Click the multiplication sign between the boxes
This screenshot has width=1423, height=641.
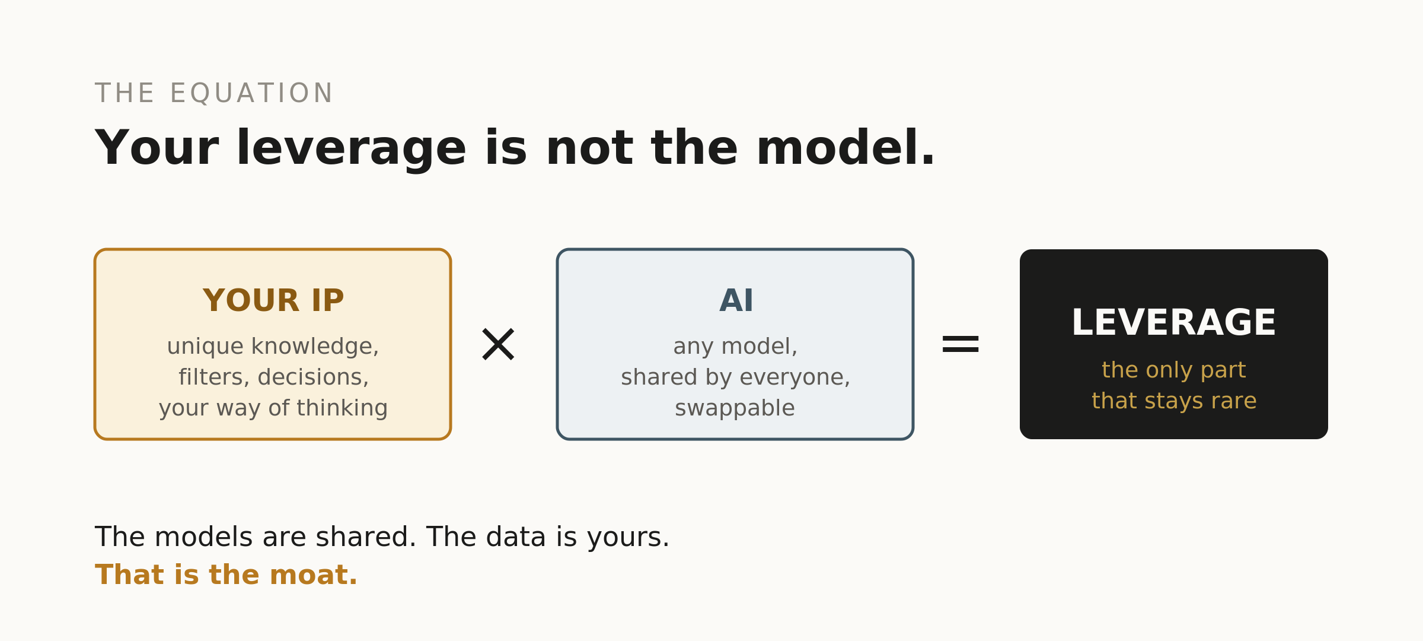(498, 344)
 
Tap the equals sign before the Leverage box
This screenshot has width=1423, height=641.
(961, 344)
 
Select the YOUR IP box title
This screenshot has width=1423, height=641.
(273, 300)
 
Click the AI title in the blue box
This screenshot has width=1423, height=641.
(736, 300)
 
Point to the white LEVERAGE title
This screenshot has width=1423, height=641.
(1173, 323)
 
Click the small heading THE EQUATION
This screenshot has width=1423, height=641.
(214, 94)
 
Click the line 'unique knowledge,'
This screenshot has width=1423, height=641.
(273, 346)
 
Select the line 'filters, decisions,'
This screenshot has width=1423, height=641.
(273, 377)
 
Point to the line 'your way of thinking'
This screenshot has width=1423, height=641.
(273, 408)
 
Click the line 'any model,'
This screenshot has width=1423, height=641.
(735, 346)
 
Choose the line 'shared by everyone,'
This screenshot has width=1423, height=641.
(735, 377)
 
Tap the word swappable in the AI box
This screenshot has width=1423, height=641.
(735, 408)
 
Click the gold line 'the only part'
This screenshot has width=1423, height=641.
(1174, 370)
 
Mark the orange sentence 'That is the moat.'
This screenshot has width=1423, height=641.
(226, 575)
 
